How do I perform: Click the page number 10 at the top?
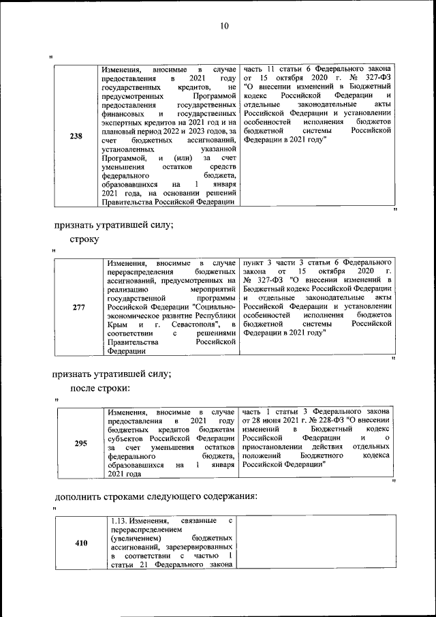(224, 27)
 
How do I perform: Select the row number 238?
(77, 136)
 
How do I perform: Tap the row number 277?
(78, 307)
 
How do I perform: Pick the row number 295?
(80, 443)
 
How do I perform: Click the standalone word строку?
(84, 239)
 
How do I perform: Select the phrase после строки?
(99, 389)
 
